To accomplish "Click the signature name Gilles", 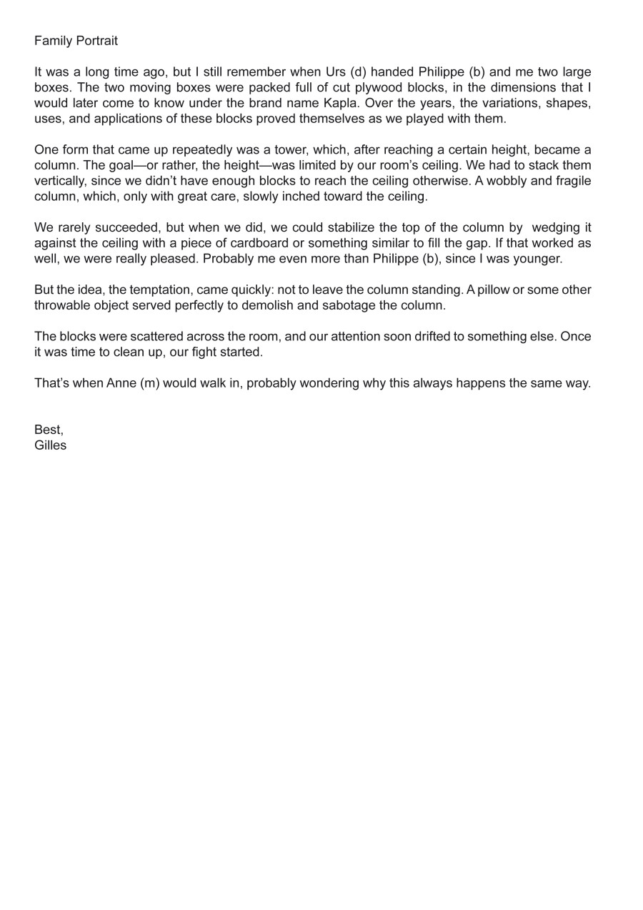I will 50,445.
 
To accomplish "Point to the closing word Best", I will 48,430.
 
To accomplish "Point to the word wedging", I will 562,228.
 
